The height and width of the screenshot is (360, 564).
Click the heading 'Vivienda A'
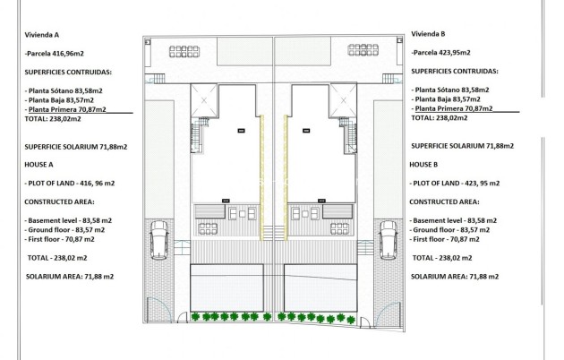[41, 35]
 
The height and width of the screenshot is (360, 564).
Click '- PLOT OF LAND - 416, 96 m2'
[71, 182]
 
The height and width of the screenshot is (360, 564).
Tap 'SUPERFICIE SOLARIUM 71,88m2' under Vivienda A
[76, 146]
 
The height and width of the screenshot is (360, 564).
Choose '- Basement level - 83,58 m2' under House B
[455, 220]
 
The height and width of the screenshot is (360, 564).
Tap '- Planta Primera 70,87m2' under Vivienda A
[65, 109]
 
